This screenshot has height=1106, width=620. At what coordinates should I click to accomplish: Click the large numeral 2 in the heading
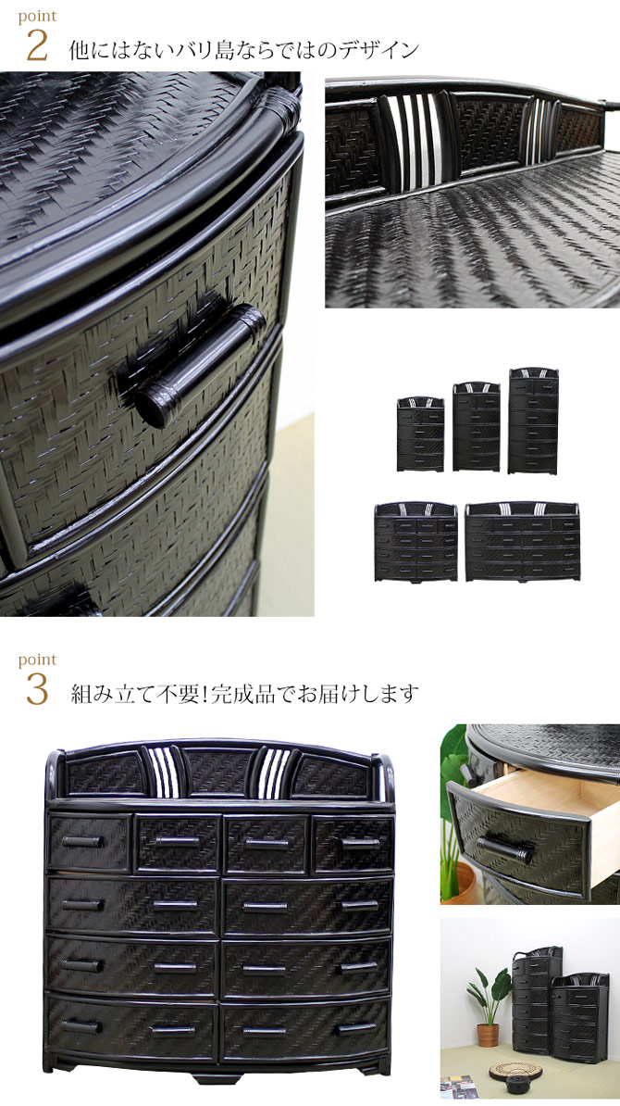[x=37, y=46]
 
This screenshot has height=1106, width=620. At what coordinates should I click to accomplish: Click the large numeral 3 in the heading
[x=37, y=690]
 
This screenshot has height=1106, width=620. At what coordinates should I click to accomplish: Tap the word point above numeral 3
[x=37, y=660]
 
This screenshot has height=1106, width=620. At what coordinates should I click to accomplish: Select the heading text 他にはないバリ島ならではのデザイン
[x=243, y=49]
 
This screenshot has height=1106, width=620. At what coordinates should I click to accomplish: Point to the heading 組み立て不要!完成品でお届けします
[x=244, y=694]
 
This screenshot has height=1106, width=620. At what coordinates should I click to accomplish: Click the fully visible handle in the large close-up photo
[x=199, y=364]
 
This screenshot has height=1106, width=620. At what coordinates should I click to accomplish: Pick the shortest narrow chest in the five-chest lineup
[x=421, y=434]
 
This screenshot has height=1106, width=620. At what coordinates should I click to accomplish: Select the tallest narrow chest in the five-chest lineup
[x=533, y=421]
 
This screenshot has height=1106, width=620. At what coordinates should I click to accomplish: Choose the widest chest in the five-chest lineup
[x=522, y=541]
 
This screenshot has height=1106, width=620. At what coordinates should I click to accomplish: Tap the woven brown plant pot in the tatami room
[x=488, y=1035]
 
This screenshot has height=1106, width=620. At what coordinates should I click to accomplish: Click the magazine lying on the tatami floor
[x=459, y=1087]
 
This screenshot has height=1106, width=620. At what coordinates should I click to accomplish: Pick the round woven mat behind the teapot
[x=512, y=1070]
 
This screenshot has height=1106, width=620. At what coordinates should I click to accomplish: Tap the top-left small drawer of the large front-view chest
[x=90, y=843]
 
